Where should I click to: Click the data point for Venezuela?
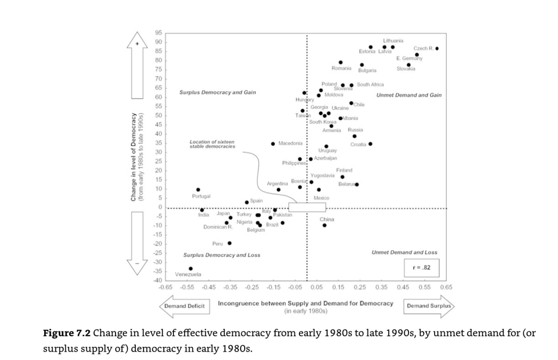(x=191, y=269)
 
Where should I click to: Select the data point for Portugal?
(x=198, y=190)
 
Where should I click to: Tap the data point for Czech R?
(x=437, y=49)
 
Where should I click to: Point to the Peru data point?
(x=229, y=243)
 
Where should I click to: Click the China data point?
(x=325, y=225)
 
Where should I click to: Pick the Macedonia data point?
(x=273, y=144)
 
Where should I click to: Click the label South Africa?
(x=370, y=85)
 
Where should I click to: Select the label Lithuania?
(x=393, y=41)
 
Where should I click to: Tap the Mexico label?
(x=322, y=197)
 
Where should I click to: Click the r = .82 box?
(x=421, y=268)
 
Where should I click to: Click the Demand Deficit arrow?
(x=184, y=306)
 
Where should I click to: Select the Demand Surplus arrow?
(x=429, y=306)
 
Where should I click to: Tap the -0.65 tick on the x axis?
(x=166, y=287)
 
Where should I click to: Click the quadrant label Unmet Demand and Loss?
(x=404, y=252)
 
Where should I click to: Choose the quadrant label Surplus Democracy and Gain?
(x=218, y=92)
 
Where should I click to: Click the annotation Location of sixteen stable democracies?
(x=212, y=144)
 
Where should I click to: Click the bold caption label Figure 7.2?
(x=66, y=333)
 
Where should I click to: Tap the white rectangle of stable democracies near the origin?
(x=307, y=207)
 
